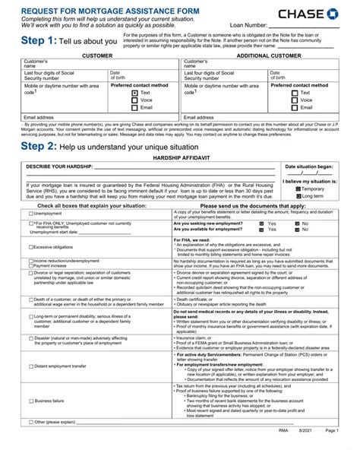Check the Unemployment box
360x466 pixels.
click(30, 214)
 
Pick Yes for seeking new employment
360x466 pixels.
click(261, 223)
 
